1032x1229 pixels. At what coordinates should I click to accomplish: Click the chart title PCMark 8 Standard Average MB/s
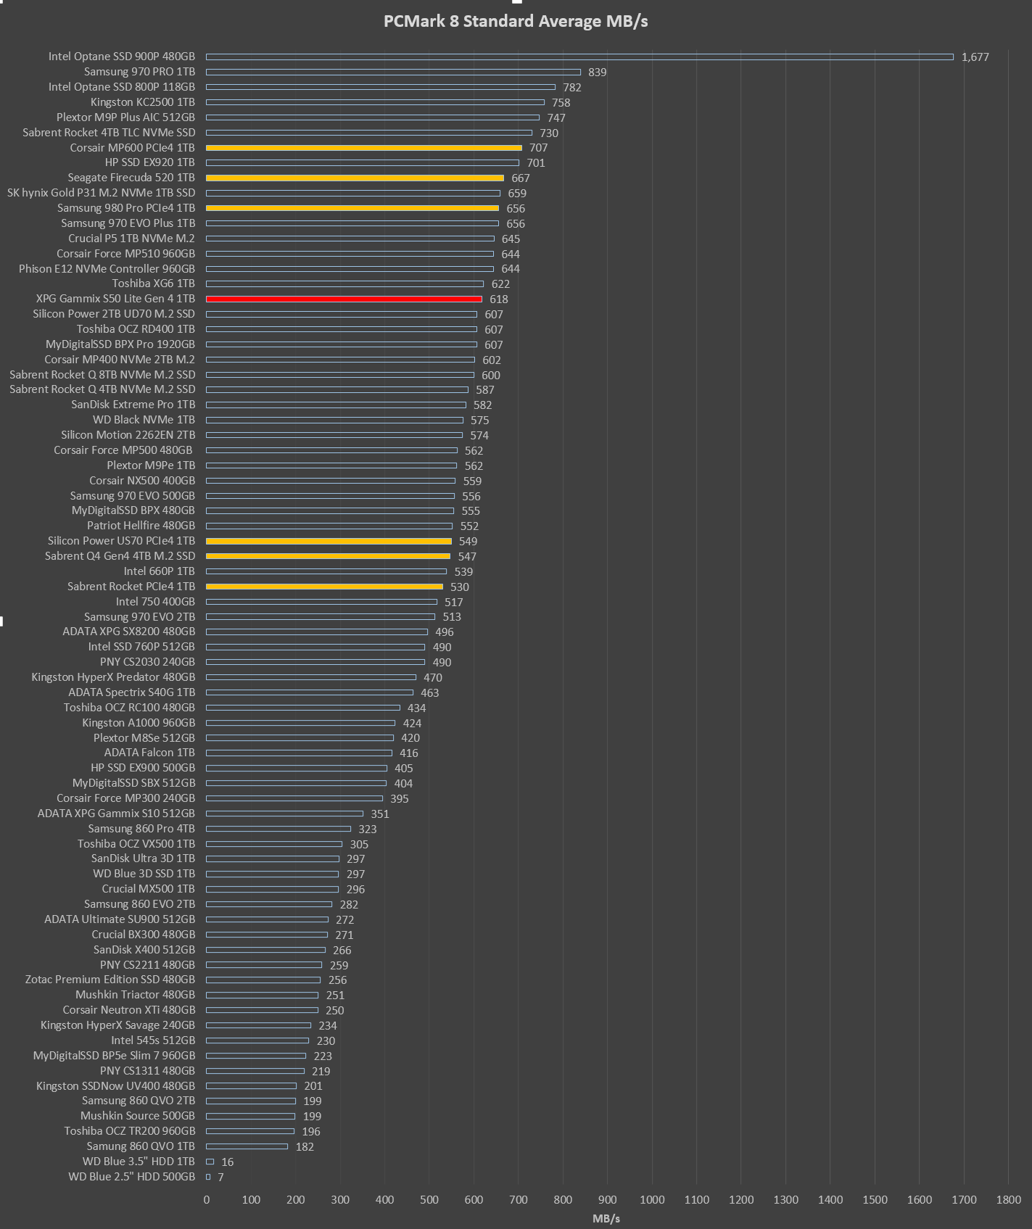[x=516, y=22]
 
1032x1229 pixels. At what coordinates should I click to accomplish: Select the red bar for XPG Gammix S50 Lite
[x=344, y=299]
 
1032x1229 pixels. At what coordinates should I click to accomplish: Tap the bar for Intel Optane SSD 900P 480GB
[x=579, y=57]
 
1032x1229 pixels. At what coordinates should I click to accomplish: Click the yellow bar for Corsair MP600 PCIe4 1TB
[x=363, y=148]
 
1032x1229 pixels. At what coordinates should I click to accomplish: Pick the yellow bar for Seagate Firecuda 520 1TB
[x=355, y=178]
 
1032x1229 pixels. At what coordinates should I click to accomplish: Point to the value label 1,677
[x=975, y=57]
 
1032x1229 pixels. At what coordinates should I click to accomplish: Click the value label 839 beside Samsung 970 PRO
[x=597, y=73]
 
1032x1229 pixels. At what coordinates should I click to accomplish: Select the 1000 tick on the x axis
[x=652, y=1200]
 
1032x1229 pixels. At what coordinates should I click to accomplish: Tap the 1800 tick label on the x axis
[x=1008, y=1200]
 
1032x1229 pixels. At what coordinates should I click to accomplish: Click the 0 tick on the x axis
[x=207, y=1200]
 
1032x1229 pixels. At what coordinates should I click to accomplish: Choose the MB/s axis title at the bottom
[x=606, y=1219]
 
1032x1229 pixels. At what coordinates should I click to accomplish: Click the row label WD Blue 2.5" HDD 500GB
[x=131, y=1177]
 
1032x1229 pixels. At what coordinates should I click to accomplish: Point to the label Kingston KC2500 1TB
[x=143, y=102]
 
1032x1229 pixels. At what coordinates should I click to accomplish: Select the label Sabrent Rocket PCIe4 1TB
[x=131, y=587]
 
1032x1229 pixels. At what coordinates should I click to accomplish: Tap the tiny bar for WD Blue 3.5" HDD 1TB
[x=210, y=1162]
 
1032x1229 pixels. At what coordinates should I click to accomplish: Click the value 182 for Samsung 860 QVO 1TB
[x=305, y=1147]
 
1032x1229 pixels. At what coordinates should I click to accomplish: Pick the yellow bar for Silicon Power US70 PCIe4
[x=329, y=541]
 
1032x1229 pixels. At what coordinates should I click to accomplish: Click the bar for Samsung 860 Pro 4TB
[x=278, y=829]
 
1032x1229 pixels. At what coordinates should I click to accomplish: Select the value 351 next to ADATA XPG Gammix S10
[x=380, y=814]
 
